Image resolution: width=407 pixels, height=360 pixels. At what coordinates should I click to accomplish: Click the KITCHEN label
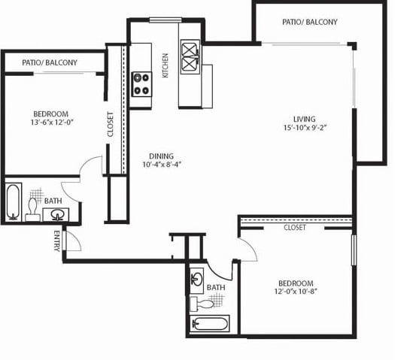pyautogui.click(x=166, y=65)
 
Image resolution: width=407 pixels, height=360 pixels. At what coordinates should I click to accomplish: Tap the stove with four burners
pyautogui.click(x=141, y=84)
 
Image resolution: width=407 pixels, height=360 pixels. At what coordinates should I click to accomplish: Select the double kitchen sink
pyautogui.click(x=190, y=57)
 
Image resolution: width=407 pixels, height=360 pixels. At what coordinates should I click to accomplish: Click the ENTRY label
pyautogui.click(x=57, y=241)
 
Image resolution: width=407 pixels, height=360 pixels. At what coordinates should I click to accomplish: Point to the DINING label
pyautogui.click(x=161, y=156)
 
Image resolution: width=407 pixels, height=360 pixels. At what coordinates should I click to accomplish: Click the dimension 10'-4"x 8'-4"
pyautogui.click(x=161, y=165)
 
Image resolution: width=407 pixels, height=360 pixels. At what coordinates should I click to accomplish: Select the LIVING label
pyautogui.click(x=305, y=119)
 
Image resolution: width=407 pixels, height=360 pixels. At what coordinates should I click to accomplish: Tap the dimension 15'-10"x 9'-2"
pyautogui.click(x=305, y=127)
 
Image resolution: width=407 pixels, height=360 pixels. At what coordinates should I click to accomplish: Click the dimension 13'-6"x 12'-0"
pyautogui.click(x=52, y=123)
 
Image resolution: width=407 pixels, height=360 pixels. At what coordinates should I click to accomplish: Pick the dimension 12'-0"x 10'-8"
pyautogui.click(x=296, y=292)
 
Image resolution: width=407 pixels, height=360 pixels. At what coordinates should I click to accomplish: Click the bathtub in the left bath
pyautogui.click(x=13, y=202)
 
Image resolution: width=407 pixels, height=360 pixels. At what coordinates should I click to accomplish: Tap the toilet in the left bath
pyautogui.click(x=32, y=210)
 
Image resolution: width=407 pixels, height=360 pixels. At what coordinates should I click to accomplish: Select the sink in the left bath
pyautogui.click(x=56, y=214)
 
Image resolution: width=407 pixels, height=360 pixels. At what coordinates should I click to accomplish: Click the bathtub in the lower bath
pyautogui.click(x=210, y=323)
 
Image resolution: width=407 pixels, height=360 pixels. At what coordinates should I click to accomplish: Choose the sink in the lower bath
pyautogui.click(x=197, y=281)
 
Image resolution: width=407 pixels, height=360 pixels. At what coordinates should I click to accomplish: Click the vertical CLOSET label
pyautogui.click(x=111, y=125)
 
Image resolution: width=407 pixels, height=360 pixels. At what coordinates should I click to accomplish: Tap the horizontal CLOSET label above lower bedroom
pyautogui.click(x=295, y=228)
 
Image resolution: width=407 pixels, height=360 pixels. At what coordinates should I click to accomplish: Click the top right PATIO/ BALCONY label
pyautogui.click(x=310, y=22)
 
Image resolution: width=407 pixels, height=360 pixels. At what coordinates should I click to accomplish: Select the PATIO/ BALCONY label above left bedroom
pyautogui.click(x=50, y=62)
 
